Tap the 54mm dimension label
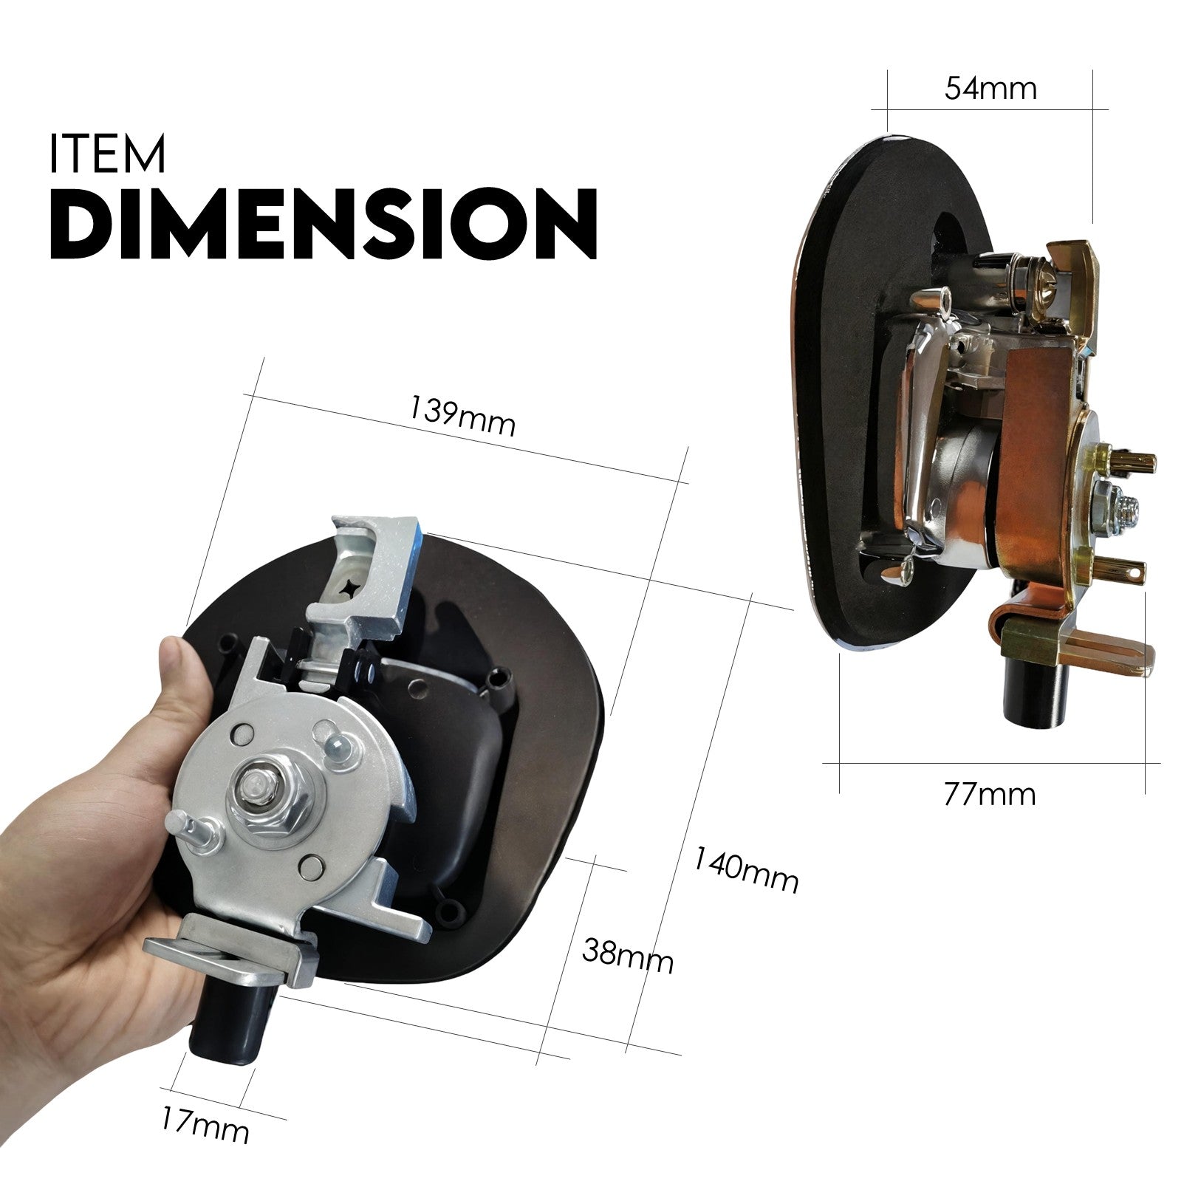990,89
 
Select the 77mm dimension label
989,795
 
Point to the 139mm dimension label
462,417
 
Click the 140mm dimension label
746,872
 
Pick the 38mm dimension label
627,956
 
